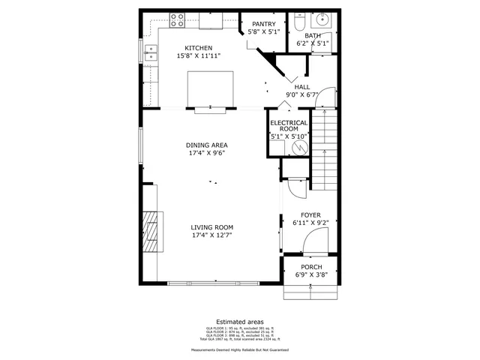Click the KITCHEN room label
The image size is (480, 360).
pyautogui.click(x=189, y=48)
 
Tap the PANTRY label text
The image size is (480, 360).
pyautogui.click(x=263, y=24)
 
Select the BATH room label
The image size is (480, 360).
pyautogui.click(x=313, y=35)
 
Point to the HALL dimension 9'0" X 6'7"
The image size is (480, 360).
pyautogui.click(x=301, y=94)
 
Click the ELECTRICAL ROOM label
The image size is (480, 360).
pyautogui.click(x=289, y=126)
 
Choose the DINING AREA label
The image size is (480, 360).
pyautogui.click(x=207, y=145)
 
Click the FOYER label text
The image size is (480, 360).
pyautogui.click(x=311, y=214)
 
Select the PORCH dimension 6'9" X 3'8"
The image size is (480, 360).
pyautogui.click(x=311, y=276)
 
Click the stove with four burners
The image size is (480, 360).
pyautogui.click(x=178, y=19)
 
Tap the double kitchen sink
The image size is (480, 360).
pyautogui.click(x=152, y=52)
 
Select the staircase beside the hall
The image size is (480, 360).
pyautogui.click(x=324, y=150)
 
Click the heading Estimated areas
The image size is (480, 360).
pyautogui.click(x=239, y=321)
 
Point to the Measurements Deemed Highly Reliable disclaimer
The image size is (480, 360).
pyautogui.click(x=239, y=349)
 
